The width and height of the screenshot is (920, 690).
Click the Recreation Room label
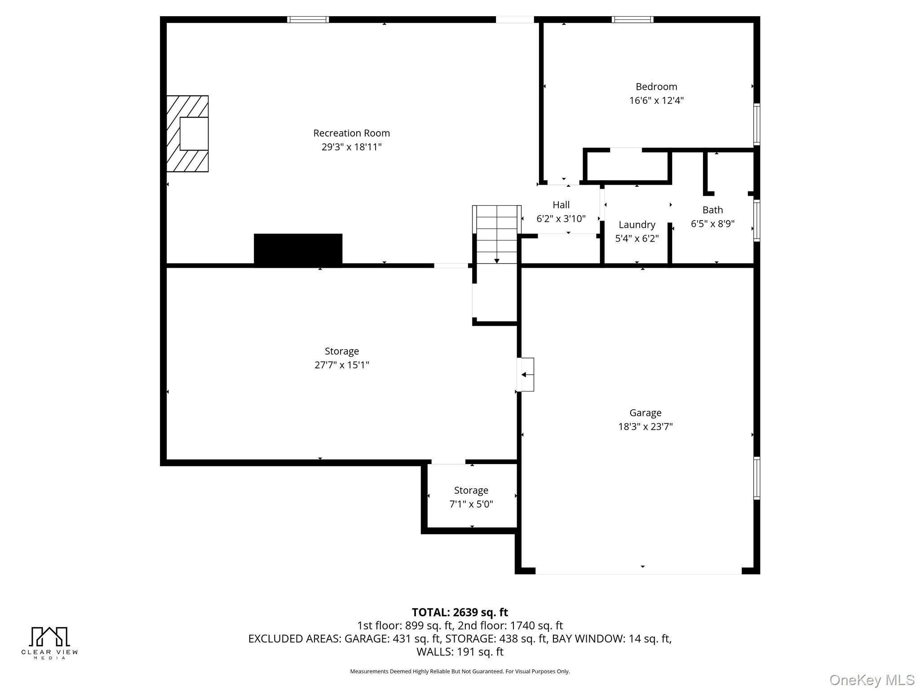tap(351, 133)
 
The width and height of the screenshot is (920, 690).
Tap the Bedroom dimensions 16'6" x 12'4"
tap(656, 100)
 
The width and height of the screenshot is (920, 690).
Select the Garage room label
tap(645, 413)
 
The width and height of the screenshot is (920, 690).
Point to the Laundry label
tap(637, 225)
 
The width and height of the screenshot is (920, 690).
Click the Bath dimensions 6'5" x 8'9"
tap(712, 224)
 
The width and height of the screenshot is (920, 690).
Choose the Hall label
tap(561, 205)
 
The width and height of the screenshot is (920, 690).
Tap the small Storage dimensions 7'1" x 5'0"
tap(471, 504)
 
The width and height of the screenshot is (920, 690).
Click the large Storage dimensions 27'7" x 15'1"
tap(342, 365)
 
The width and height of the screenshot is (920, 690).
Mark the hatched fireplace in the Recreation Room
tap(187, 133)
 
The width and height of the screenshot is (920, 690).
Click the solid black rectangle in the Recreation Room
tap(298, 249)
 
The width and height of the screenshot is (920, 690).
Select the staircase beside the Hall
tap(496, 234)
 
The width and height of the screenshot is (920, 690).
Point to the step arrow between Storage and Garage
tap(525, 375)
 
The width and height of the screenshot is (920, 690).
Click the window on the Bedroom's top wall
tap(632, 19)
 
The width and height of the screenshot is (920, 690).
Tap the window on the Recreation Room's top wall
tap(308, 19)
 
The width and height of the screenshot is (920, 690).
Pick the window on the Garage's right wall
tap(756, 478)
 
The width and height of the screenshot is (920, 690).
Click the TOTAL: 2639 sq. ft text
tap(460, 612)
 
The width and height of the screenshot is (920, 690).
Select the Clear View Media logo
tap(49, 643)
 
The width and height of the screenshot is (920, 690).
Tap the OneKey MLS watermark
tap(872, 680)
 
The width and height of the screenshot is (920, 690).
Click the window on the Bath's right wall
tap(756, 221)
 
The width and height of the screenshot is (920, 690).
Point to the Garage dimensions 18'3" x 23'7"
tap(645, 426)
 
